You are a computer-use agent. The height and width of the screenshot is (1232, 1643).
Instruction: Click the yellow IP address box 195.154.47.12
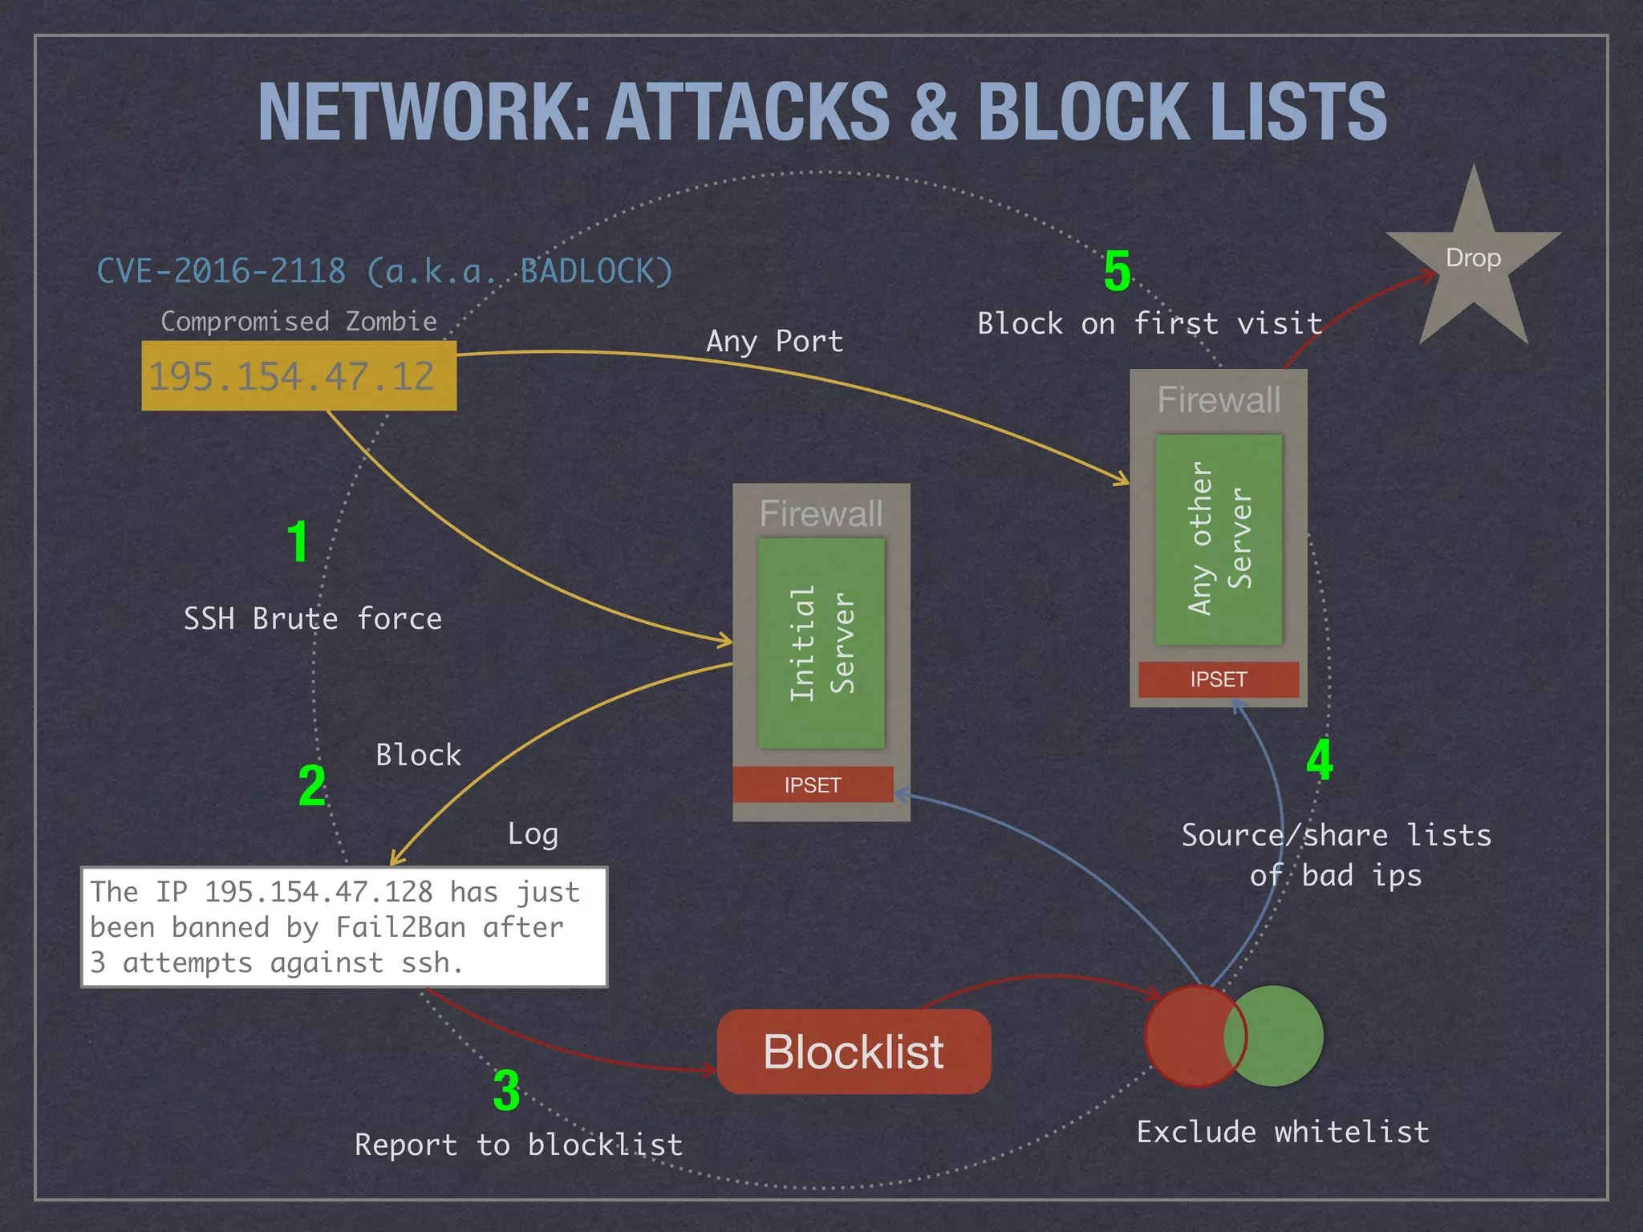pyautogui.click(x=298, y=376)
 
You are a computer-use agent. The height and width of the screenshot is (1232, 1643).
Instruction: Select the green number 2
pyautogui.click(x=312, y=785)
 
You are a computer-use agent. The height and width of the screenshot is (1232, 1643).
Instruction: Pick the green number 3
pyautogui.click(x=506, y=1091)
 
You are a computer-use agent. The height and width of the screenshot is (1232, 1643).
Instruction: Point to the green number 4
pyautogui.click(x=1320, y=760)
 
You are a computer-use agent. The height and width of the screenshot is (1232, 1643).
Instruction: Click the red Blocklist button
pyautogui.click(x=854, y=1052)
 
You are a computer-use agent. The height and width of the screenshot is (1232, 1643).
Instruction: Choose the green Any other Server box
pyautogui.click(x=1219, y=539)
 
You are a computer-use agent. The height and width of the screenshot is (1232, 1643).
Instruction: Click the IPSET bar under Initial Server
pyautogui.click(x=813, y=784)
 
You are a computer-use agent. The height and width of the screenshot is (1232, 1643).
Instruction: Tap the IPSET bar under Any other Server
pyautogui.click(x=1218, y=679)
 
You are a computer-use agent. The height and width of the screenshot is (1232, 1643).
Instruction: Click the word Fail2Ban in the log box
pyautogui.click(x=400, y=928)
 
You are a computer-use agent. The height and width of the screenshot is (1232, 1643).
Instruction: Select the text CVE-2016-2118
pyautogui.click(x=221, y=271)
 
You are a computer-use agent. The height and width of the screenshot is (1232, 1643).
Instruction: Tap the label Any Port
pyautogui.click(x=774, y=342)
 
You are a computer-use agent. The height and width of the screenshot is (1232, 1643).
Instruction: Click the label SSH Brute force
pyautogui.click(x=313, y=619)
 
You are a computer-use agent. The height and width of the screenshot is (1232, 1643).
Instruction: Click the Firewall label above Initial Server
pyautogui.click(x=821, y=513)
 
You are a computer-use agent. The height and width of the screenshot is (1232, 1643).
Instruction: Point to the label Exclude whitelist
pyautogui.click(x=1283, y=1132)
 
